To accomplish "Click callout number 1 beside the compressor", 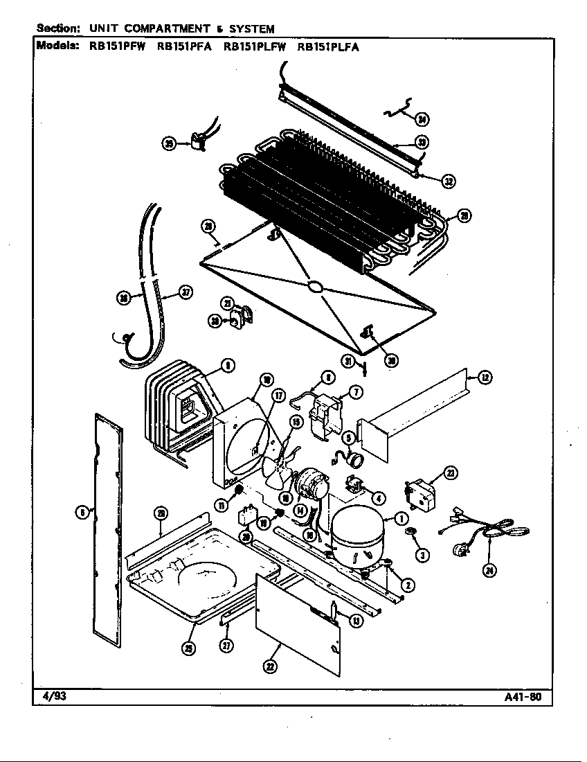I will pos(400,518).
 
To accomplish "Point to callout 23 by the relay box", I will pos(450,473).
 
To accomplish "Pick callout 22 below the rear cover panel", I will pos(269,666).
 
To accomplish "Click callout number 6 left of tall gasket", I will pos(81,513).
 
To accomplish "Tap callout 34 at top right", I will pos(422,119).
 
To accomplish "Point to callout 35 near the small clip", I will pos(169,143).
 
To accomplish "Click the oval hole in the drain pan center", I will pos(314,286).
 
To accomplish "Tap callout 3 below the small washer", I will pos(420,554).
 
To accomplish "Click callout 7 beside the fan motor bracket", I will pos(356,393).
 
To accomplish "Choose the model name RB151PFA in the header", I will pos(183,48).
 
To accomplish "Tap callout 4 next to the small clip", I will pos(379,497).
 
